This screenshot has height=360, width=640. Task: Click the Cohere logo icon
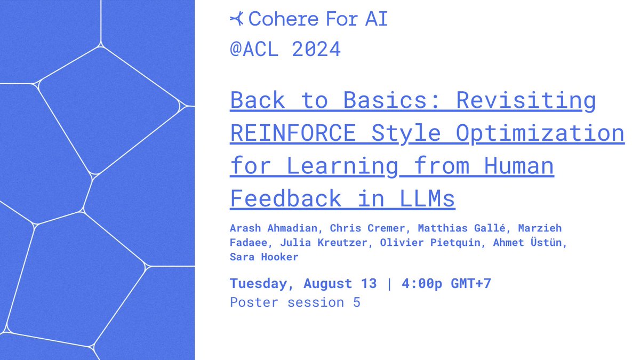point(237,19)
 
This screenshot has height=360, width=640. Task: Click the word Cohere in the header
point(283,19)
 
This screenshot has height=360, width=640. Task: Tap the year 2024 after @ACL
point(316,49)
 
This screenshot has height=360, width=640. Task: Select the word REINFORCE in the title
point(293,133)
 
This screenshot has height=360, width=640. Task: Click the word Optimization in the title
point(540,134)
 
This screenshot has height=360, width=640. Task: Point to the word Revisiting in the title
point(526,101)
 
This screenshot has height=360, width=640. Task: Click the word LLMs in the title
point(427,198)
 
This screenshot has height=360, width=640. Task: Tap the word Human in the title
point(519,165)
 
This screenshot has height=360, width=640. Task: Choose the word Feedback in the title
point(286,198)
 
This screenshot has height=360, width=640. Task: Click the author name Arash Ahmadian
point(274,228)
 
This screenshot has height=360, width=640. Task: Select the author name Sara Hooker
point(264,257)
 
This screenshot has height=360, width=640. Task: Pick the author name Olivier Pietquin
point(430,242)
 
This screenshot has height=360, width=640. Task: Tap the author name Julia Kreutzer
point(323,243)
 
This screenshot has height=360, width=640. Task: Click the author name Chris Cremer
point(367,228)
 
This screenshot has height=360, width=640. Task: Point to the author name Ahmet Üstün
point(527,242)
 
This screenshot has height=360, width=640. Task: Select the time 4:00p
point(422,283)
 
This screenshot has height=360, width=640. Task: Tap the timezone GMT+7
point(471,283)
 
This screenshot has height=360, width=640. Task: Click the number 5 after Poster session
point(357,302)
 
